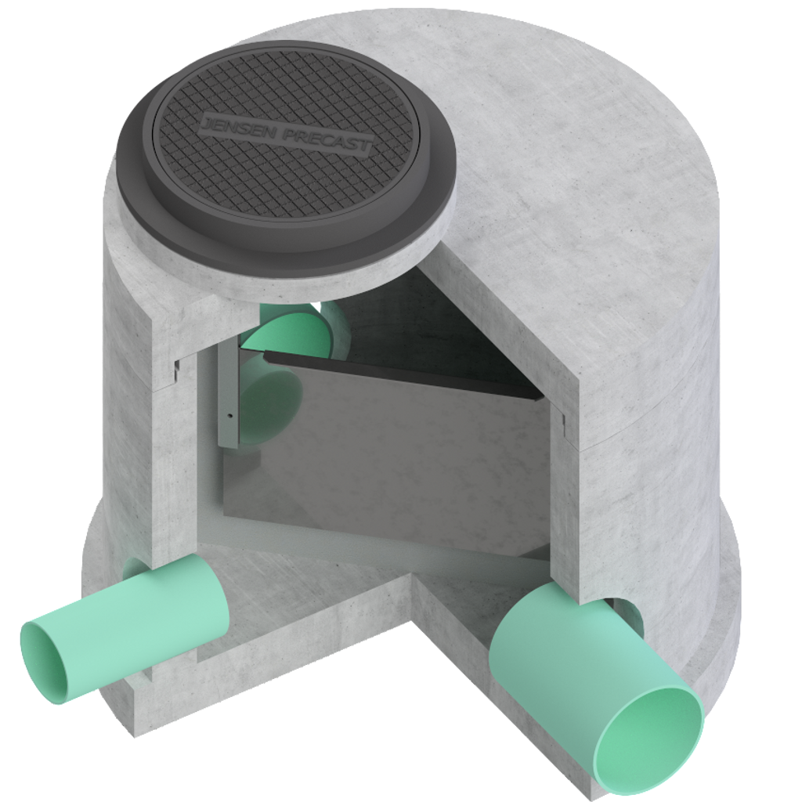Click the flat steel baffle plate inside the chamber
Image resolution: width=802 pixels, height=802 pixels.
click(x=392, y=454)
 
